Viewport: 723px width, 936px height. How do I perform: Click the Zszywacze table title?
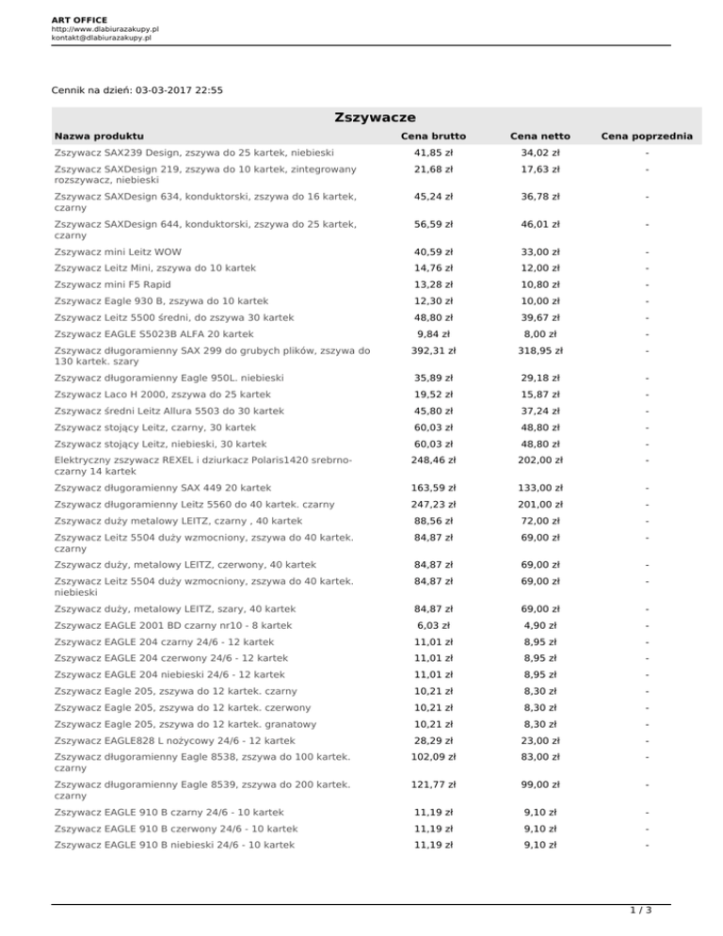361,117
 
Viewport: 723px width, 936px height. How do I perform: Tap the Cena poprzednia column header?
649,137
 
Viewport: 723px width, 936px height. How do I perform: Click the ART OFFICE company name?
79,19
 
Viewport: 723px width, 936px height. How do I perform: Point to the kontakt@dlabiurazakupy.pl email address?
103,39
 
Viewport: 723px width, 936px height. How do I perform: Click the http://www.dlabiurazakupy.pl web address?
104,29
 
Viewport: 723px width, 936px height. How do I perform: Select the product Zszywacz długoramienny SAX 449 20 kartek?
163,488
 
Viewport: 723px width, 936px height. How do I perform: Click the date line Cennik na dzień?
138,90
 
